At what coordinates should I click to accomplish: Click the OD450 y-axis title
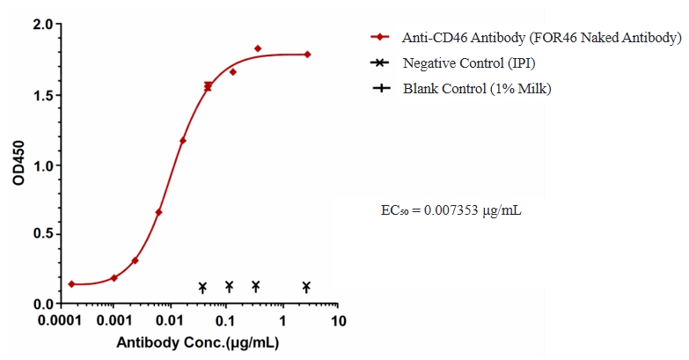coord(18,164)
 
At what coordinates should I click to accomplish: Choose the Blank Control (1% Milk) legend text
coord(477,88)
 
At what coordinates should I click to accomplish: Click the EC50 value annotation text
coord(451,211)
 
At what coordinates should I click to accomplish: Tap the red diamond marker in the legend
coord(379,37)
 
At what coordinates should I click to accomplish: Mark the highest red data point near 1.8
coord(258,48)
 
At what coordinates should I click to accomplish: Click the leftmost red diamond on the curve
coord(71,284)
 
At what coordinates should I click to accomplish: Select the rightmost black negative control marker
coord(306,287)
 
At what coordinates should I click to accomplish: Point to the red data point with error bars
coord(208,86)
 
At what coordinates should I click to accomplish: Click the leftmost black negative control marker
coord(202,287)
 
